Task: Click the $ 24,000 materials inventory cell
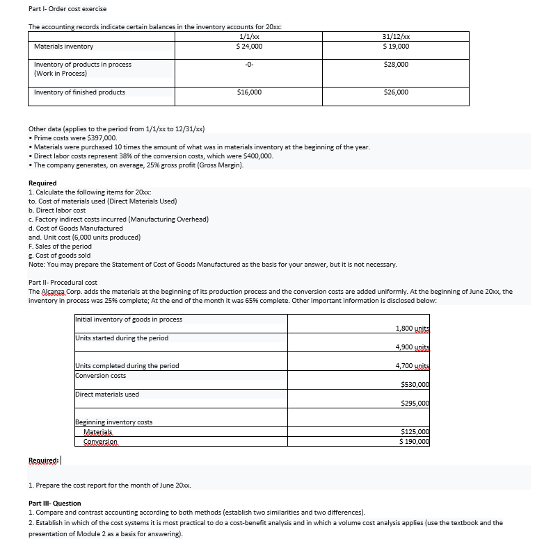tap(249, 46)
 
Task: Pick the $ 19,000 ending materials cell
tap(396, 46)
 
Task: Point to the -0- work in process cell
tap(249, 64)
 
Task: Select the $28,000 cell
tap(396, 64)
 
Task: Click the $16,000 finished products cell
tap(249, 92)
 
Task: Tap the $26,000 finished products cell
tap(396, 92)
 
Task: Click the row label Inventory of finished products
tap(79, 92)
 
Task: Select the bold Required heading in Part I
tap(42, 183)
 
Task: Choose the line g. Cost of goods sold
tap(62, 255)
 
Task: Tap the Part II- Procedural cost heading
tap(63, 283)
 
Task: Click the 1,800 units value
tap(412, 327)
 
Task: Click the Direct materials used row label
tap(107, 394)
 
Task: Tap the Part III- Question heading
tap(55, 502)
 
